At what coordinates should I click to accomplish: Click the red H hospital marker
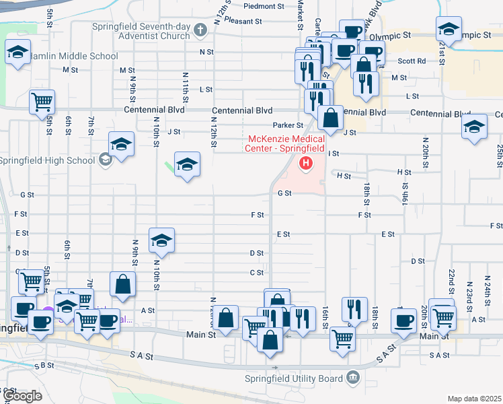pyautogui.click(x=306, y=163)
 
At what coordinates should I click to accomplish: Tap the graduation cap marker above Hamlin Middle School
pyautogui.click(x=17, y=52)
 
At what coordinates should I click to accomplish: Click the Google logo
pyautogui.click(x=24, y=396)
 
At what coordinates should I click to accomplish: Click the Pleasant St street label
pyautogui.click(x=243, y=21)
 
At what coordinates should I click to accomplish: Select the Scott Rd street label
pyautogui.click(x=412, y=61)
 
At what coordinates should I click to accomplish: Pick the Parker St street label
pyautogui.click(x=288, y=125)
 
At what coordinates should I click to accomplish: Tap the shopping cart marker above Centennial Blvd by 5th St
pyautogui.click(x=42, y=102)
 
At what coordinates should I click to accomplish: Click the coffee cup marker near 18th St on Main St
pyautogui.click(x=404, y=320)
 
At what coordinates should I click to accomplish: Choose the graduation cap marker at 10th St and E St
pyautogui.click(x=161, y=240)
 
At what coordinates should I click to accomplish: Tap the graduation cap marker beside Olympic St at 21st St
pyautogui.click(x=449, y=28)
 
